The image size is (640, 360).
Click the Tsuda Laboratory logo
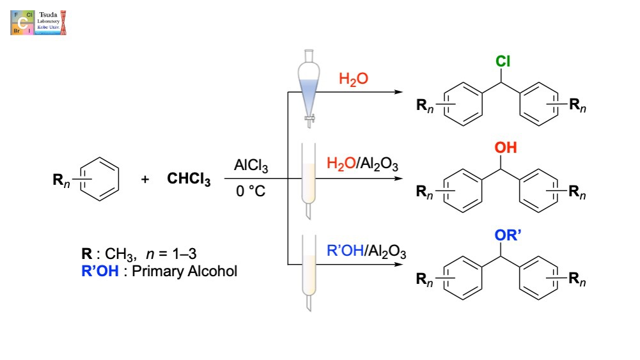tap(38, 22)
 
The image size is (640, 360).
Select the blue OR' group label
tap(502, 237)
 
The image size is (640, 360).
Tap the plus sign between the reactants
tap(145, 180)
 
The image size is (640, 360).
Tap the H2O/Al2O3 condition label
tap(362, 166)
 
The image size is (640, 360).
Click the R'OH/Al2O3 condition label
tap(366, 252)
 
